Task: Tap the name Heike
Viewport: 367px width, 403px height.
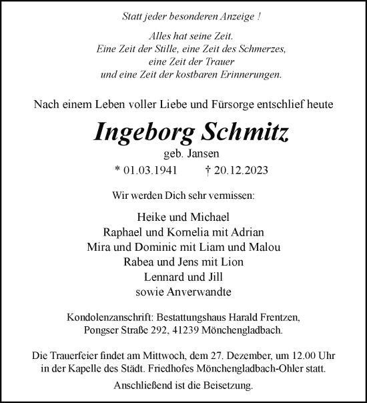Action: pos(151,218)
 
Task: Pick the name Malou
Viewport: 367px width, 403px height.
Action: pos(264,247)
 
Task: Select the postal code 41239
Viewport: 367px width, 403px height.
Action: pos(181,330)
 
